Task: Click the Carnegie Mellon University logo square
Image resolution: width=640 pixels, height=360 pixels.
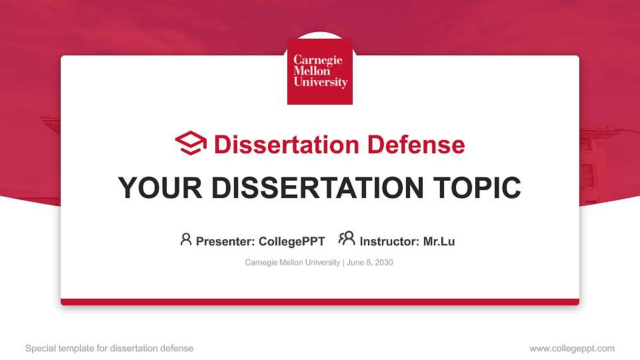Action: (x=320, y=71)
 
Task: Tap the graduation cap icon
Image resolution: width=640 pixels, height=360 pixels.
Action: (x=191, y=143)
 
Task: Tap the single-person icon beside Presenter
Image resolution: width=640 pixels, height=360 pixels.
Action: (x=186, y=239)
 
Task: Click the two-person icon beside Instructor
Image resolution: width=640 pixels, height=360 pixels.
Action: (x=347, y=239)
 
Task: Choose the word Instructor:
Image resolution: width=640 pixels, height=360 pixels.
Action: (x=389, y=241)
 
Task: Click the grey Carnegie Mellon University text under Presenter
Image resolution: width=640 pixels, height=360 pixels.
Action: (x=292, y=263)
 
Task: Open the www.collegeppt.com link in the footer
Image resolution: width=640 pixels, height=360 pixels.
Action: (x=572, y=348)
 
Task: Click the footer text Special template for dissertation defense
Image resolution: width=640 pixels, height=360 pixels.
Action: (x=109, y=348)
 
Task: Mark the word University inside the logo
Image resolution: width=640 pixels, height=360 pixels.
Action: (x=321, y=83)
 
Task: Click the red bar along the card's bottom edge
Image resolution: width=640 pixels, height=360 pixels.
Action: (x=320, y=302)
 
